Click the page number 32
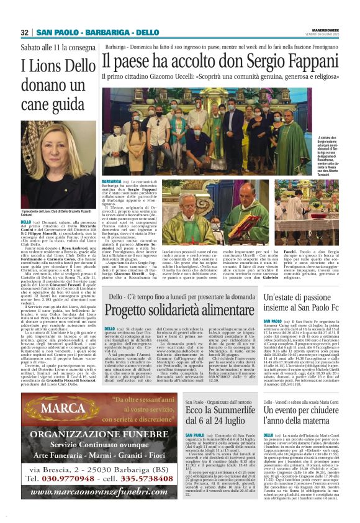[x=25, y=32]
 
